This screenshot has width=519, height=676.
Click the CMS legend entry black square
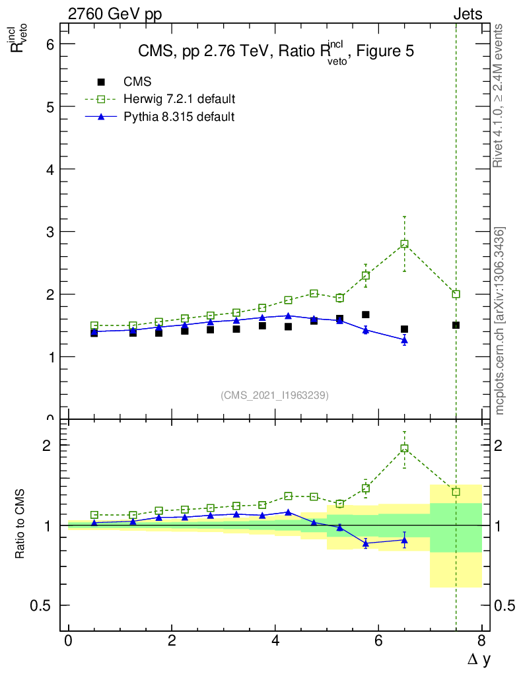tap(101, 83)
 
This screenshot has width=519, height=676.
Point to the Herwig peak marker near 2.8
tap(404, 244)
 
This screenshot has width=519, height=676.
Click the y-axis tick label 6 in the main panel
tap(49, 44)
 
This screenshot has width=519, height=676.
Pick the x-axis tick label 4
tap(275, 641)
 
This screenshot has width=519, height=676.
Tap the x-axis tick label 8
tap(481, 641)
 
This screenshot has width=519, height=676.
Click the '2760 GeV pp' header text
tap(115, 14)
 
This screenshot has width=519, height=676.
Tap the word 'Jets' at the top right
tap(467, 14)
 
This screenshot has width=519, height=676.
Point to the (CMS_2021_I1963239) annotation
tap(275, 395)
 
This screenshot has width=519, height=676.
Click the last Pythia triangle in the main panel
tap(404, 340)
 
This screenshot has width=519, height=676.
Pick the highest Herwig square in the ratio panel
tap(404, 448)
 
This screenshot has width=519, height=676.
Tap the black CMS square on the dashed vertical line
tap(456, 325)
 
